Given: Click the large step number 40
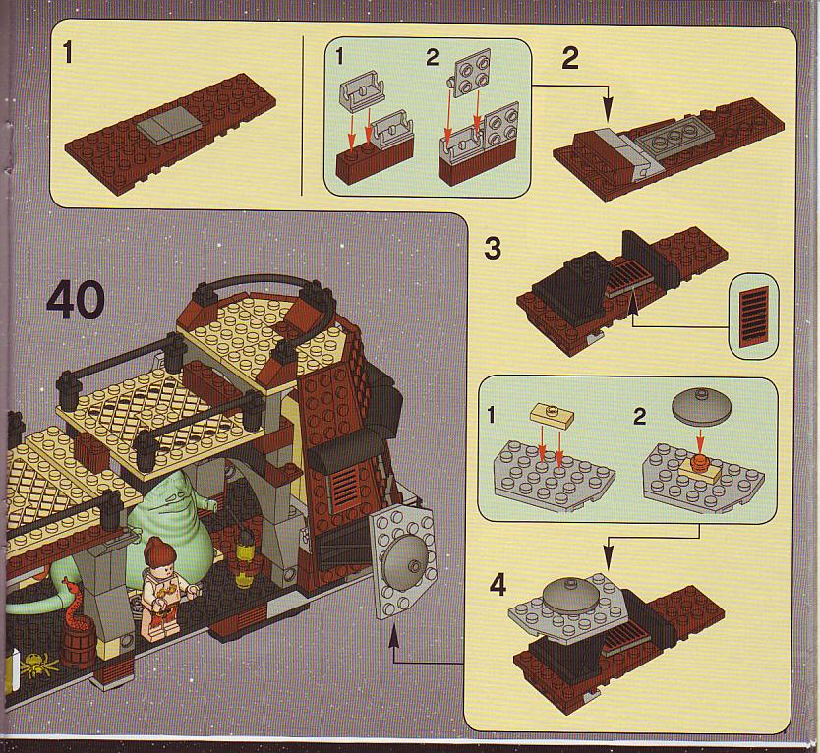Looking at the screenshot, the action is click(76, 299).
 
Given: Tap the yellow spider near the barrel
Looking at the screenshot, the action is click(38, 665).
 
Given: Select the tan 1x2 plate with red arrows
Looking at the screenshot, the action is click(552, 416).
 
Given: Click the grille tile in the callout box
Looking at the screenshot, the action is click(753, 317).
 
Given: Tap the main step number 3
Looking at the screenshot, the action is click(493, 248).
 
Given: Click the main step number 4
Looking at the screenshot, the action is click(498, 585).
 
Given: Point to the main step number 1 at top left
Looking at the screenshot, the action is click(68, 52).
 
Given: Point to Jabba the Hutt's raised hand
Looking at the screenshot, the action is click(210, 504).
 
